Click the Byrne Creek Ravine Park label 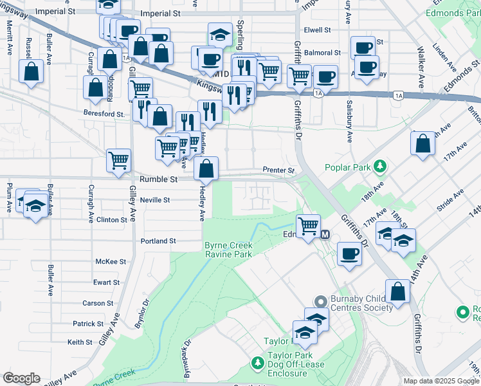[x=228, y=250]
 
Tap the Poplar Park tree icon [x=380, y=167]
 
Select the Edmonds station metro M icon [x=325, y=234]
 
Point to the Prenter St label [x=278, y=170]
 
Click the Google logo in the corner [x=21, y=378]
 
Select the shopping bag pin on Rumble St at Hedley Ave [x=206, y=170]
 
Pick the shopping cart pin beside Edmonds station [x=309, y=225]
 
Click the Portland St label [x=158, y=241]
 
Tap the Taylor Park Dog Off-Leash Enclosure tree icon [x=257, y=364]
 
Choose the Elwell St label [x=317, y=30]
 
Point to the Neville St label [x=154, y=200]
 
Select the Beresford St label [x=103, y=114]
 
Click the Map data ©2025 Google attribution [x=440, y=381]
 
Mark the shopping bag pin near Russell [x=31, y=72]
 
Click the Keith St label [x=80, y=342]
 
